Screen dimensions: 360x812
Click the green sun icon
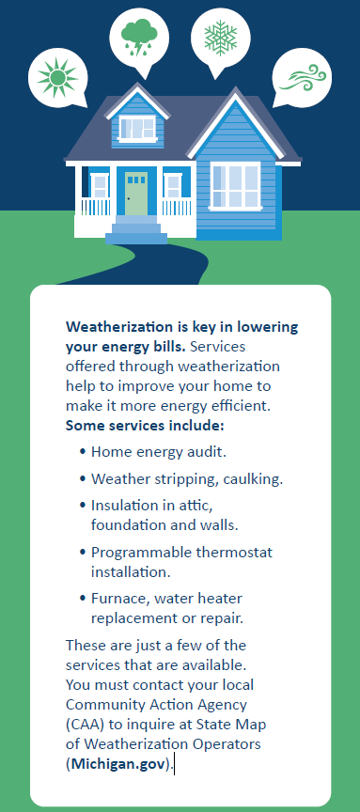tap(57, 78)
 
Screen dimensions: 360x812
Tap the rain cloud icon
tap(138, 37)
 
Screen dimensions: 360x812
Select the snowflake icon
tap(220, 38)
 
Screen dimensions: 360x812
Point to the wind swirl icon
tap(303, 78)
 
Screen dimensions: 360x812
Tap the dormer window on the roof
tap(137, 128)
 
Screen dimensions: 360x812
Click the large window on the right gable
tap(235, 185)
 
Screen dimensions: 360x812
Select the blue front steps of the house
tap(136, 230)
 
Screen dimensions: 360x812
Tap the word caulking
tap(253, 479)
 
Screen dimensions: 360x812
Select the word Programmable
tap(142, 553)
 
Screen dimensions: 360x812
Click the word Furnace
tap(116, 599)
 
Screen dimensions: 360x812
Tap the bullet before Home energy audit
tap(83, 452)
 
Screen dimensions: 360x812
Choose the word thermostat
tap(234, 553)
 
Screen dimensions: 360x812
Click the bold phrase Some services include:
tap(145, 426)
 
